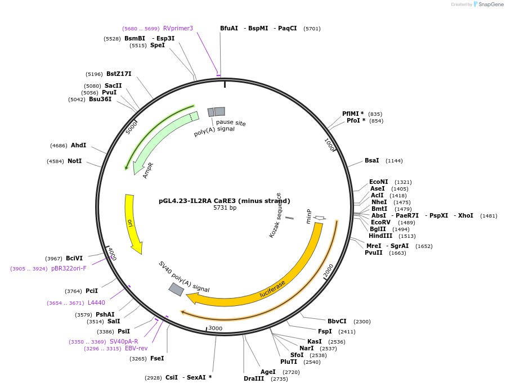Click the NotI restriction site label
click(74, 161)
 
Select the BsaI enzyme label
click(371, 161)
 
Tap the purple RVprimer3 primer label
click(178, 28)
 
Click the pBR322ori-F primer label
click(69, 269)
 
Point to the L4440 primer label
click(96, 303)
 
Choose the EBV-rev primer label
click(136, 349)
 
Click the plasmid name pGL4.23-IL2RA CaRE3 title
click(224, 201)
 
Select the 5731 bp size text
click(225, 208)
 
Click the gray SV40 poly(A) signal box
click(176, 289)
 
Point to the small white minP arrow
click(319, 218)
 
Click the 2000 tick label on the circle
click(329, 270)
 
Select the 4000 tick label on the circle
click(111, 254)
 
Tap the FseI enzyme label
click(158, 358)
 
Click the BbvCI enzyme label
click(337, 321)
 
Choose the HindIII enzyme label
click(380, 236)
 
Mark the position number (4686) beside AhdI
click(59, 146)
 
